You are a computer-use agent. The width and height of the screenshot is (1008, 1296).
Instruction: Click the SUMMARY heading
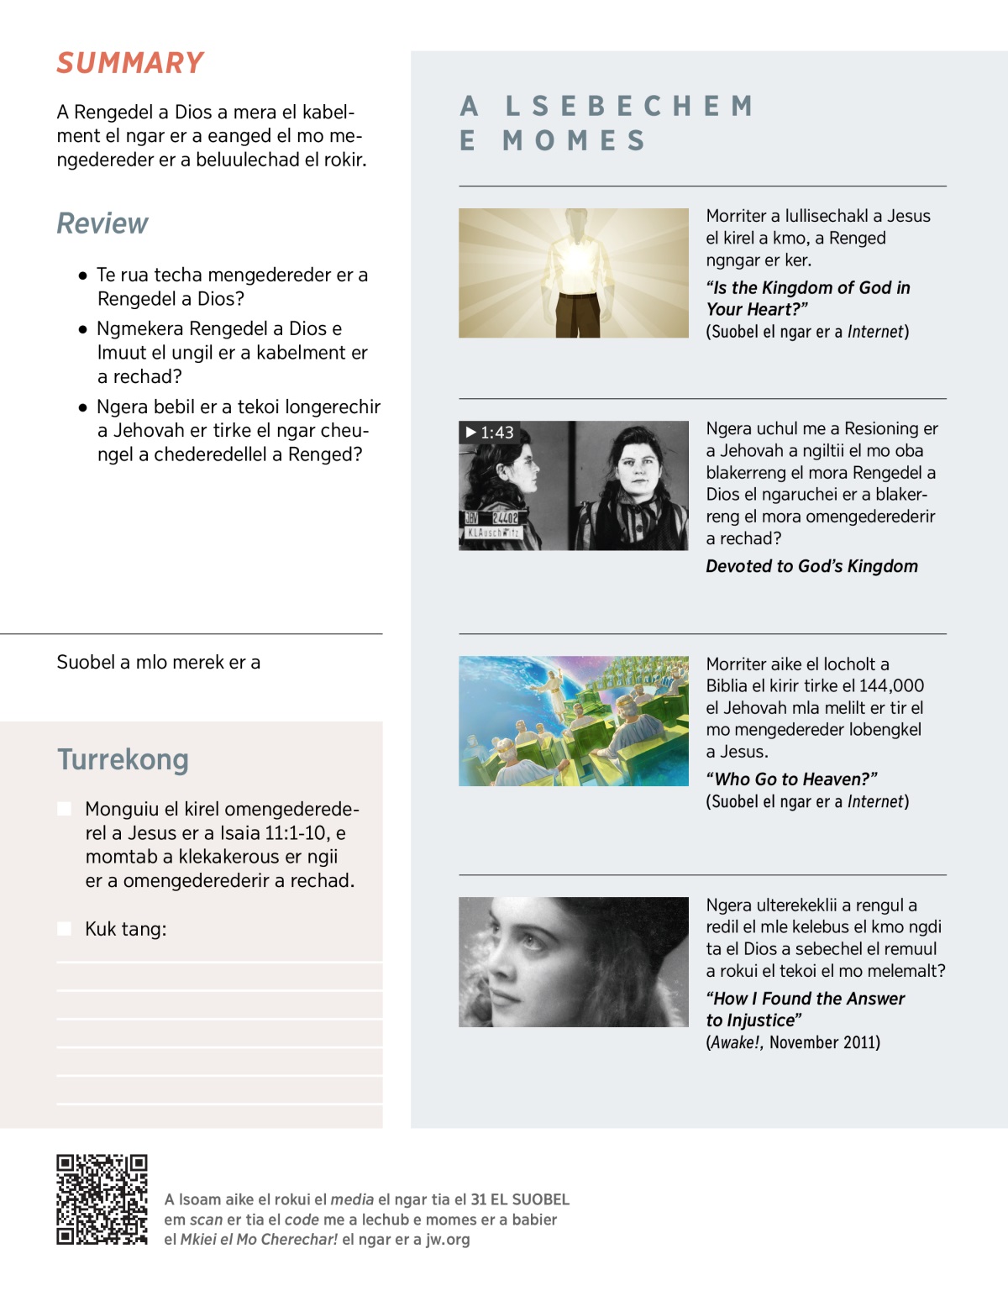coord(130,63)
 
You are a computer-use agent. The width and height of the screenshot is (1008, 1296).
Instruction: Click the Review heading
coord(102,223)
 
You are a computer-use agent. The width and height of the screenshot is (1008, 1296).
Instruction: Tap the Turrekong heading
coord(123,759)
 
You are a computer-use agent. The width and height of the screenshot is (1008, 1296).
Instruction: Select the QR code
coord(102,1199)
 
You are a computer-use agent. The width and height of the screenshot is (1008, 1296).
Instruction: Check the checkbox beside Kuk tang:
coord(64,928)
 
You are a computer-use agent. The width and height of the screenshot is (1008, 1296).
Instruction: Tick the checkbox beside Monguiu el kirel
coord(64,809)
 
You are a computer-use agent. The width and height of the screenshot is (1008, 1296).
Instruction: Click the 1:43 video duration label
coord(490,433)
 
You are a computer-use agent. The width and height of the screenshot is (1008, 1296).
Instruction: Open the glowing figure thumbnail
coord(573,273)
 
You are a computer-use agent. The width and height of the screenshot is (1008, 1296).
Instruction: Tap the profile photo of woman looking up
coord(573,962)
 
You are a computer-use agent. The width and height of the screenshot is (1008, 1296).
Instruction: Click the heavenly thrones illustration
coord(573,721)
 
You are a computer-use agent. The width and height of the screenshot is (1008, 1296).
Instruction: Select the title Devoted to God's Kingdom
coord(811,566)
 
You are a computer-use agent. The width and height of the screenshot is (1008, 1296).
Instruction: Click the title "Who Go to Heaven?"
coord(791,779)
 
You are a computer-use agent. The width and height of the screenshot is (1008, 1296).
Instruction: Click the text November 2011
coord(824,1042)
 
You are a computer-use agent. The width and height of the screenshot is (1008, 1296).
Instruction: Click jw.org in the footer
coord(449,1240)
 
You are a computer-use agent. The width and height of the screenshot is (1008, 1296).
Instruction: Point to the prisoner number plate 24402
coord(505,518)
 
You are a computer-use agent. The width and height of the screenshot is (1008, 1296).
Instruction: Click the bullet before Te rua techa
coord(82,275)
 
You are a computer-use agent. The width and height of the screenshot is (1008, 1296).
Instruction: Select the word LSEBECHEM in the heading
coord(629,106)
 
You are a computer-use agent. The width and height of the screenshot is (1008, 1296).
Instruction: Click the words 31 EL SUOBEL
coord(520,1199)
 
